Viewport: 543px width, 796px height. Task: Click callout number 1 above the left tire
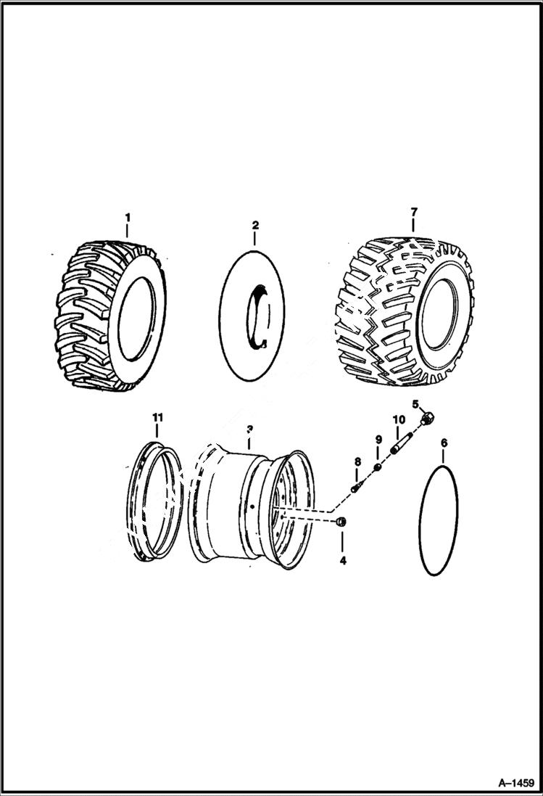[x=128, y=217]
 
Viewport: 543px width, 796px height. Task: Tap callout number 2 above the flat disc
[x=254, y=226]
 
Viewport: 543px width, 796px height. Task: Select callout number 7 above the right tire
[x=414, y=212]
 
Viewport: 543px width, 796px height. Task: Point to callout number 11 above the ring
[x=157, y=417]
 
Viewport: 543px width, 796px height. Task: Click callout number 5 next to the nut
[x=416, y=403]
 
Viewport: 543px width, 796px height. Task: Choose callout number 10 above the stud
[x=398, y=419]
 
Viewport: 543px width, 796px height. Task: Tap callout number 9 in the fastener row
[x=378, y=440]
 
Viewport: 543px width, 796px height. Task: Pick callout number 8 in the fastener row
[x=357, y=461]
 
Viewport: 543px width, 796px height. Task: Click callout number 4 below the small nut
[x=343, y=560]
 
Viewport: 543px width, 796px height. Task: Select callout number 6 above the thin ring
[x=444, y=443]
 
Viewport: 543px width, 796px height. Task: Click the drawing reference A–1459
[x=515, y=783]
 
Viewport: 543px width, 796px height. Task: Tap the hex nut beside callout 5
[x=428, y=417]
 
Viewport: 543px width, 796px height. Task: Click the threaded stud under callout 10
[x=402, y=443]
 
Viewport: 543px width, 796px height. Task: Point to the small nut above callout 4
[x=343, y=522]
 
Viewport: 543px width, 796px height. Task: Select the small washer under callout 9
[x=378, y=466]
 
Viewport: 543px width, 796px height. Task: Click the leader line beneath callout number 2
[x=254, y=240]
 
